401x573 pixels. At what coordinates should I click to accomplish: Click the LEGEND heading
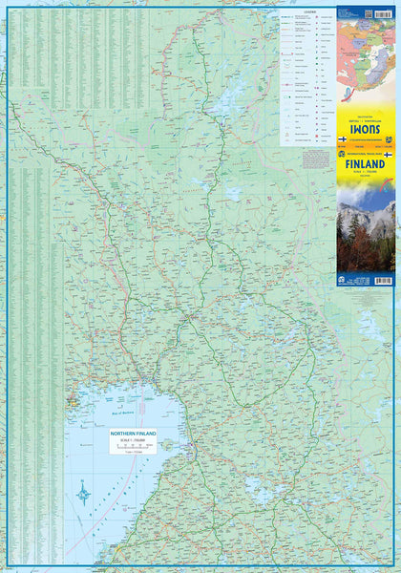[307, 12]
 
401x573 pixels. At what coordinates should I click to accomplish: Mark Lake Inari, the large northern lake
[227, 99]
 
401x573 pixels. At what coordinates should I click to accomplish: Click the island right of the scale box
[169, 444]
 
